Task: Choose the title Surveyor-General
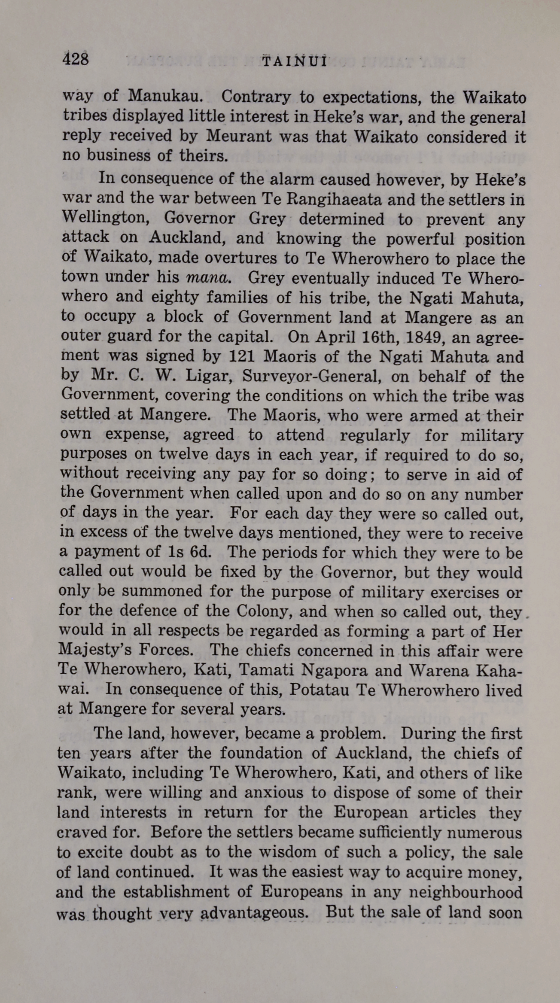(x=311, y=377)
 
